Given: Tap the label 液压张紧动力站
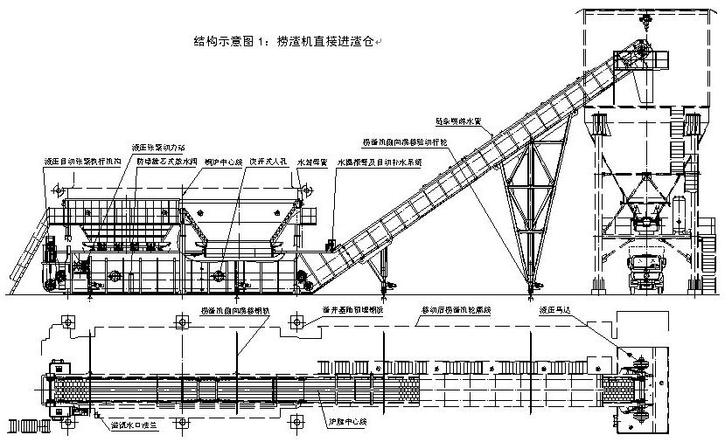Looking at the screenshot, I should pyautogui.click(x=158, y=146).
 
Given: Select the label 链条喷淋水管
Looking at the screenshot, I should pyautogui.click(x=460, y=121).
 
